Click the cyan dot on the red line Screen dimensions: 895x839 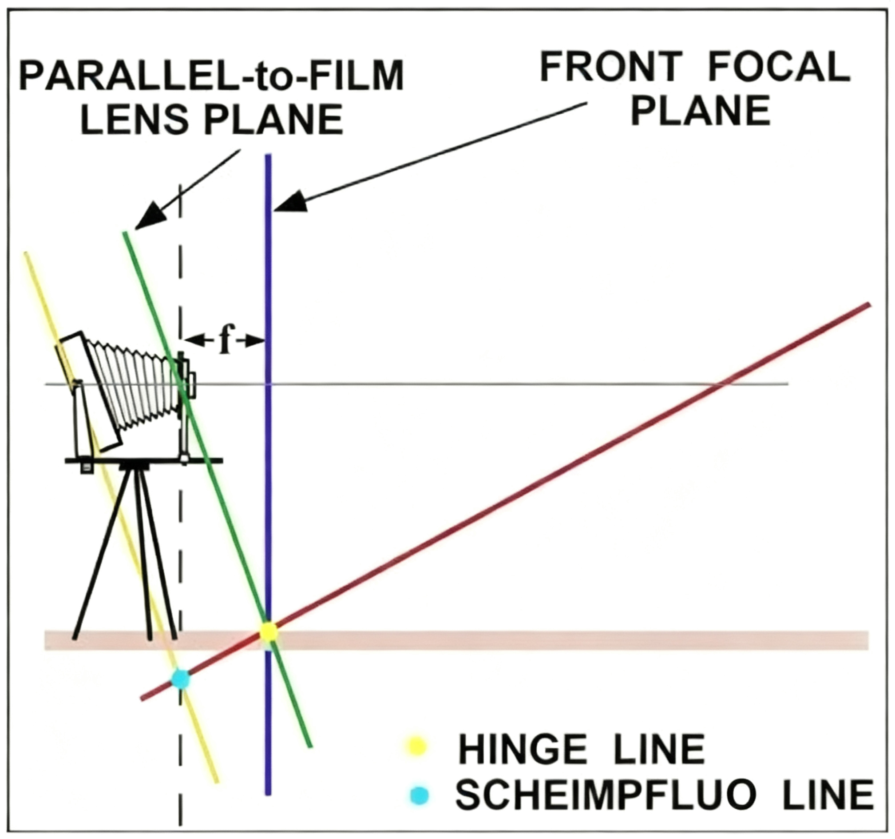pyautogui.click(x=181, y=679)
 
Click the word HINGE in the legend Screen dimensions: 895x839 pyautogui.click(x=522, y=749)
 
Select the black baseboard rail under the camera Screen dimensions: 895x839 pyautogui.click(x=143, y=460)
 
